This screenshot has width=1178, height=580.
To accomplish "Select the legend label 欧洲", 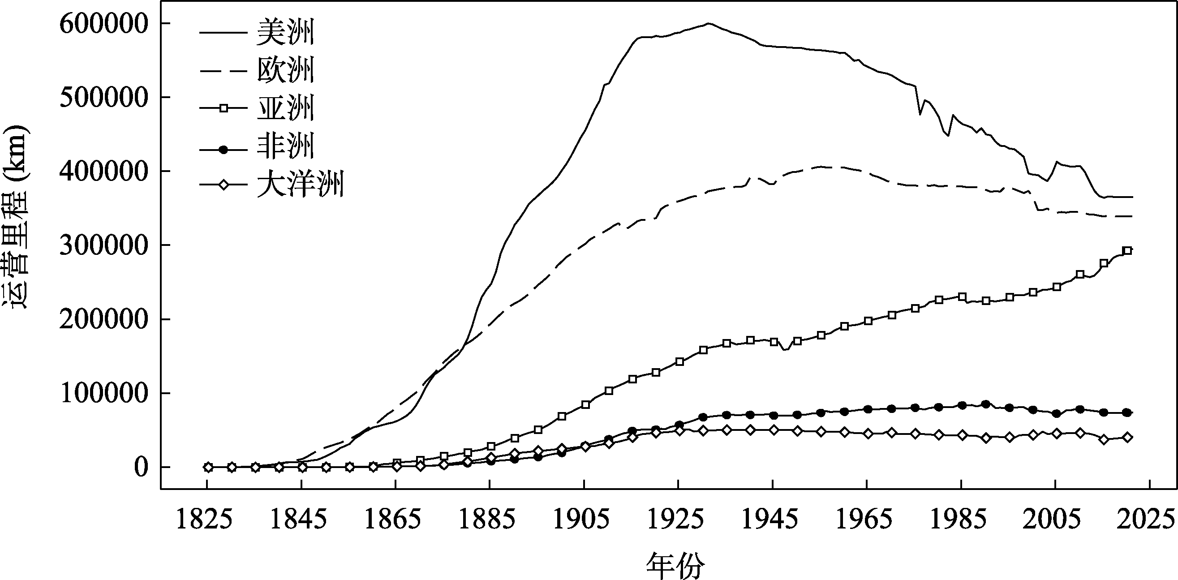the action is [286, 70].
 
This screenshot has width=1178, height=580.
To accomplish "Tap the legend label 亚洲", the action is [286, 108].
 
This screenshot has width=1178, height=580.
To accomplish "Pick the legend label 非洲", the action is [286, 146].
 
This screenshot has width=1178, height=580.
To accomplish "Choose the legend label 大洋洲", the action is [300, 185].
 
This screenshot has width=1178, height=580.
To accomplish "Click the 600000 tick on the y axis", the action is [104, 24].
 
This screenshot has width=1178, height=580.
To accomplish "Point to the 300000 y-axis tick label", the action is [104, 245].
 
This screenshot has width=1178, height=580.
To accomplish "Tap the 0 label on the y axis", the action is [141, 468].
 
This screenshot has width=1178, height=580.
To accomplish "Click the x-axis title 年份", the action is [675, 565].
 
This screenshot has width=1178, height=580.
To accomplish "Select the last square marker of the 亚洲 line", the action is [1127, 250].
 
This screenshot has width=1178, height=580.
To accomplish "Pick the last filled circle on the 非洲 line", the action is [1127, 412].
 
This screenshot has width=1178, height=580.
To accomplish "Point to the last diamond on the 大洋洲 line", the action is [1127, 437].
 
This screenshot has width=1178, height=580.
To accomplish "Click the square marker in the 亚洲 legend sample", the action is [224, 108].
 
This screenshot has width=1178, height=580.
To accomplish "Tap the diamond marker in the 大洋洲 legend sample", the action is [224, 185].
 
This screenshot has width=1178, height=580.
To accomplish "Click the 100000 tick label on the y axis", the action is [104, 393].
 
